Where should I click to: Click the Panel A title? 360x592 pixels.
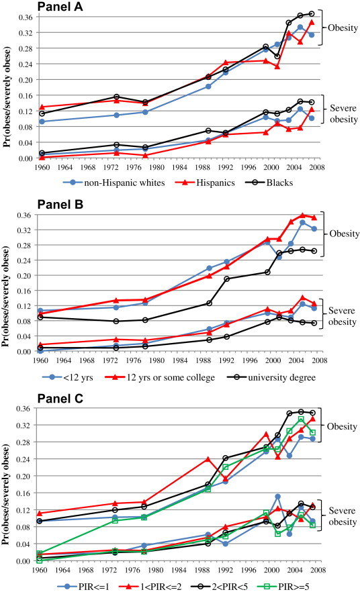[60, 7]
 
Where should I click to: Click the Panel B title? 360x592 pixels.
[60, 204]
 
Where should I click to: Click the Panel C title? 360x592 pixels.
[60, 398]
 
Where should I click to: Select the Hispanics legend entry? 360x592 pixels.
[205, 183]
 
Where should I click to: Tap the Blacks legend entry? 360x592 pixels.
[269, 183]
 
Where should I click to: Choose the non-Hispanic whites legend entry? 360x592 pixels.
[114, 183]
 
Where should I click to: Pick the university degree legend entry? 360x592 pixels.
[271, 377]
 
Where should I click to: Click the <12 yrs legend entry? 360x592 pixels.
[68, 377]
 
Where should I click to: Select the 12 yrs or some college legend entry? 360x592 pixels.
[160, 377]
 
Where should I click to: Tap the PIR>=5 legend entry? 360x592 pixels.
[283, 587]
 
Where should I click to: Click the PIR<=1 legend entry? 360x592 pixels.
[83, 587]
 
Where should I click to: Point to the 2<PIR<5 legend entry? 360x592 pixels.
[219, 587]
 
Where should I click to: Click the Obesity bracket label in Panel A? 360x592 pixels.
[343, 28]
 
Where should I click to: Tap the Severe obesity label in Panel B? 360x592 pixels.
[343, 316]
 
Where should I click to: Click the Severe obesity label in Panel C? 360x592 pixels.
[343, 516]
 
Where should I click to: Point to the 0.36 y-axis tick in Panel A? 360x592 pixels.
[26, 17]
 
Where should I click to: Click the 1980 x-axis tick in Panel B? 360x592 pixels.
[156, 360]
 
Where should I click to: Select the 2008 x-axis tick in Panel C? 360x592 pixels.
[318, 570]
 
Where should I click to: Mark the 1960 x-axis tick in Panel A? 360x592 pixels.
[42, 167]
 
